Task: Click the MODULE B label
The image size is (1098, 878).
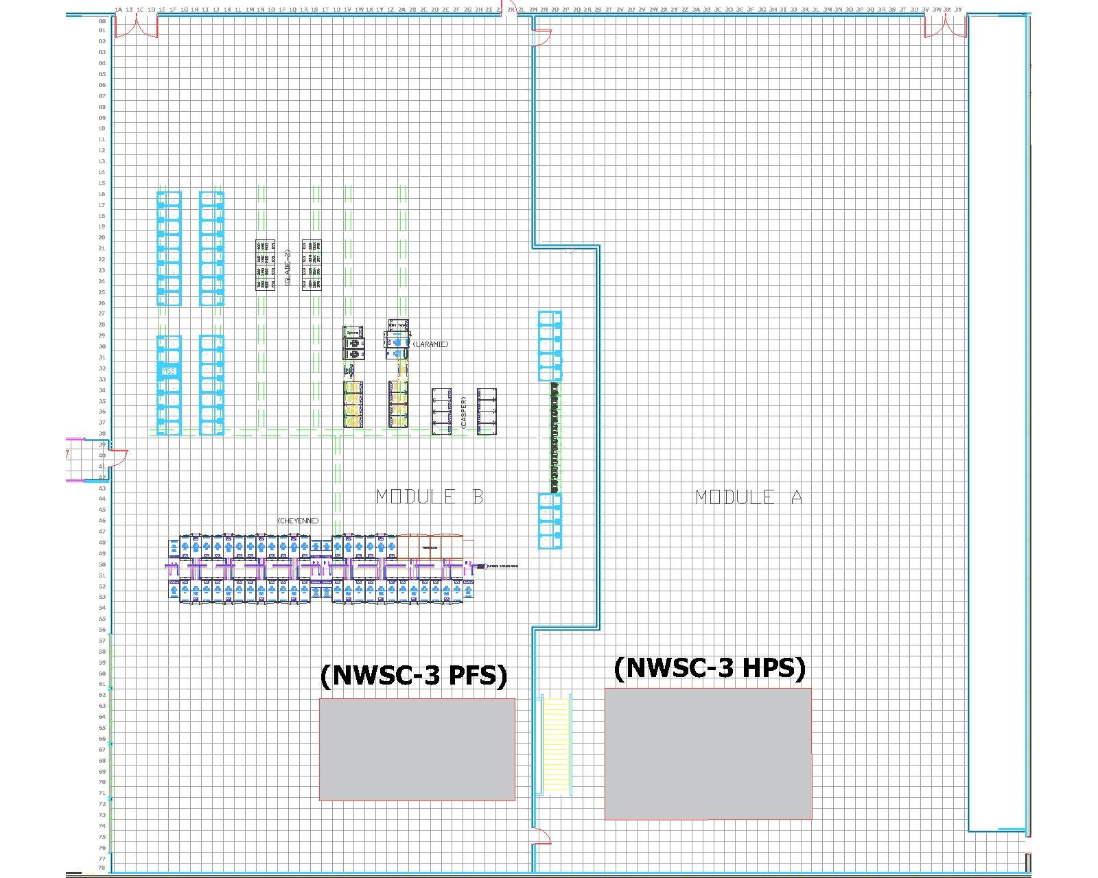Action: [430, 497]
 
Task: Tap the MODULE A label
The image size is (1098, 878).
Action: [748, 497]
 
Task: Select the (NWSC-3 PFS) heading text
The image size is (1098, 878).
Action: [414, 676]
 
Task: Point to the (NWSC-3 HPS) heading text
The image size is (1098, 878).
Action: [710, 667]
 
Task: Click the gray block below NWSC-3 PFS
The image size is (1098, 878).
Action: [417, 749]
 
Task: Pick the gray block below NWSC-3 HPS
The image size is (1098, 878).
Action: [708, 753]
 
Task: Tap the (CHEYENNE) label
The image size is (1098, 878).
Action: [298, 521]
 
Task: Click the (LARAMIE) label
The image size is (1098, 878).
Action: [430, 344]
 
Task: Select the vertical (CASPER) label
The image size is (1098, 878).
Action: [465, 412]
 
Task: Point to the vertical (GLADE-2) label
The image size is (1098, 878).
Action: [288, 267]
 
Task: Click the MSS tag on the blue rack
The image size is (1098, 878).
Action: [169, 371]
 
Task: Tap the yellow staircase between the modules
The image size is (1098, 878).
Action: [557, 745]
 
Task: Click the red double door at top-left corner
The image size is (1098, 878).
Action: [137, 27]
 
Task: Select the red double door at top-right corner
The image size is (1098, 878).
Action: [945, 27]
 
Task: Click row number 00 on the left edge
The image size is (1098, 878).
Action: [102, 21]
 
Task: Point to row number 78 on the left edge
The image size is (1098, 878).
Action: [102, 868]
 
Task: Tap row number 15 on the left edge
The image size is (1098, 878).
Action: [102, 183]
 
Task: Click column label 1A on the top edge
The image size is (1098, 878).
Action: [118, 10]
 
